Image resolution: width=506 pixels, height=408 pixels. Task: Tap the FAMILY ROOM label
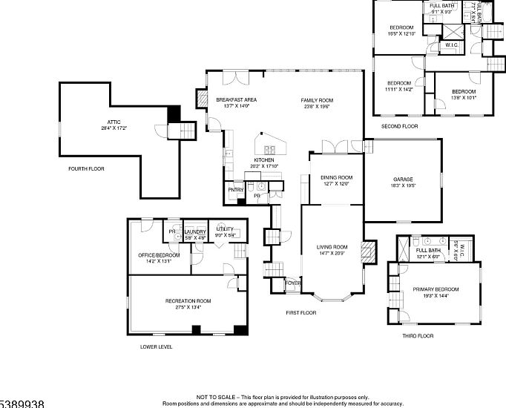[x=317, y=100]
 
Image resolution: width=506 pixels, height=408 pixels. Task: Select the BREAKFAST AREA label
[x=237, y=100]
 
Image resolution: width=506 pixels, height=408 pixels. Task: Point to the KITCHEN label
[x=264, y=160]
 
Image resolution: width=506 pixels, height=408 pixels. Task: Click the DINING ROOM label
[x=336, y=178]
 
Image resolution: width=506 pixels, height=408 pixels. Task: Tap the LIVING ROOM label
[x=332, y=247]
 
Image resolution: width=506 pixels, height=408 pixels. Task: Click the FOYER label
[x=293, y=283]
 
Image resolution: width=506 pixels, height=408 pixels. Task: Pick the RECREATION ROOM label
[x=188, y=300]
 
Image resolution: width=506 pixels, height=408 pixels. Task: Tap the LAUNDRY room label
[x=194, y=231]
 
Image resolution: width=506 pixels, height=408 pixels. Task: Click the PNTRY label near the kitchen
[x=236, y=190]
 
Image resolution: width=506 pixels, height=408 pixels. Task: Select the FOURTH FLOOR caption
[x=86, y=169]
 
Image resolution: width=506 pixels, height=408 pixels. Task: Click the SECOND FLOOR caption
[x=399, y=127]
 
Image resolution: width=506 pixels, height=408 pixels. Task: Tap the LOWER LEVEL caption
[x=156, y=346]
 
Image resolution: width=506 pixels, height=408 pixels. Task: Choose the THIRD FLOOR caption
[x=418, y=336]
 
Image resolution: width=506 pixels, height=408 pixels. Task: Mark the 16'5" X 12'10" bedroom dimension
[x=401, y=33]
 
